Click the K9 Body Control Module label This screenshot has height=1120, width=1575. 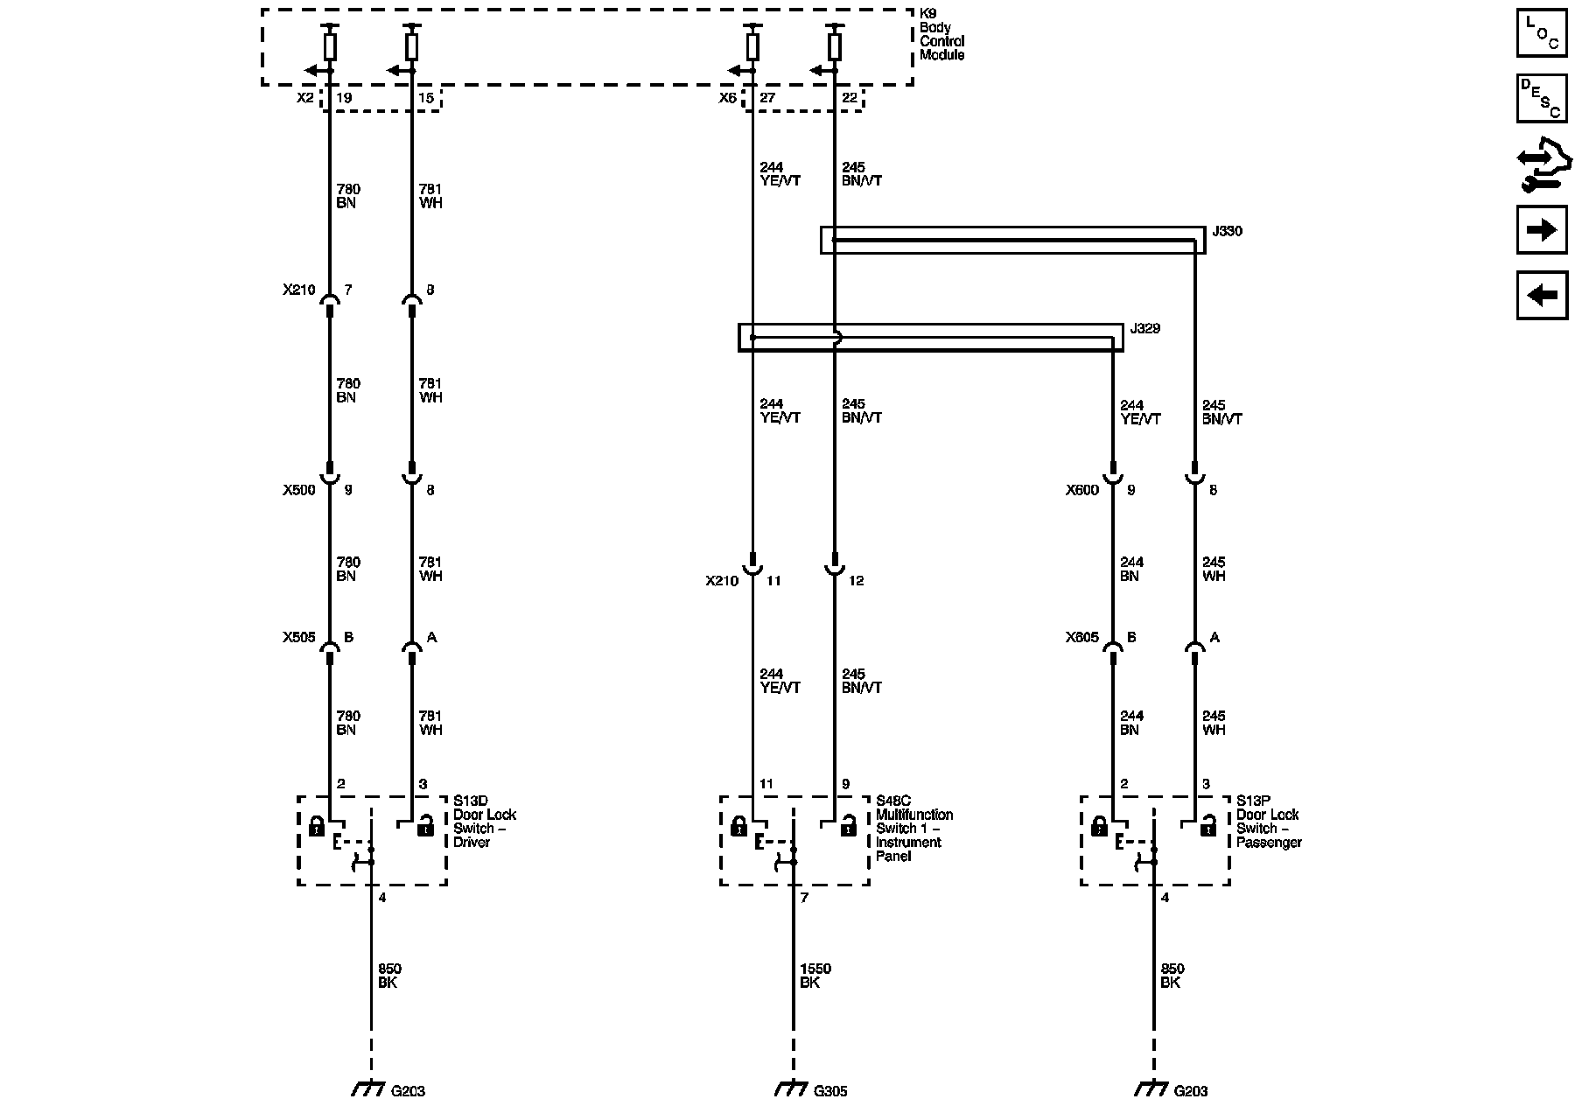[x=941, y=41]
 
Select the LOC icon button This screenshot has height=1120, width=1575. [x=1542, y=33]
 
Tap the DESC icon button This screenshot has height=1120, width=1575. [x=1542, y=99]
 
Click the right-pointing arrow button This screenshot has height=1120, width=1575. [x=1542, y=230]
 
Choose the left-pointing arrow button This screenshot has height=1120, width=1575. [x=1542, y=296]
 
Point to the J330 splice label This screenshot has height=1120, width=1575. [x=1227, y=232]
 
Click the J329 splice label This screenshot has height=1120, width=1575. [x=1144, y=329]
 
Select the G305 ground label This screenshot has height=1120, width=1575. [x=830, y=1091]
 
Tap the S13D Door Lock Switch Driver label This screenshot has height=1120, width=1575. [x=485, y=821]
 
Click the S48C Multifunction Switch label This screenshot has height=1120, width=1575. [x=914, y=828]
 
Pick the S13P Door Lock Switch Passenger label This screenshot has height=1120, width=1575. [x=1269, y=821]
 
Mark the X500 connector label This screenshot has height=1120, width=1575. [x=298, y=490]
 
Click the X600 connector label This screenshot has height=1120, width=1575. [x=1081, y=490]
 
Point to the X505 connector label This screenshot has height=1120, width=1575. [x=298, y=638]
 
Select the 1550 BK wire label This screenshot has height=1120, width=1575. [x=815, y=976]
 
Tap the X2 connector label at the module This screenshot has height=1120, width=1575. [x=304, y=98]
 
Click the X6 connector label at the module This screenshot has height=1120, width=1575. [x=728, y=98]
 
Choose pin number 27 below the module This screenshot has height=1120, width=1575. [x=767, y=98]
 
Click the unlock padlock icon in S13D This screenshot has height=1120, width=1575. [x=425, y=824]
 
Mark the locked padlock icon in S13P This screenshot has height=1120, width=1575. [x=1099, y=824]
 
